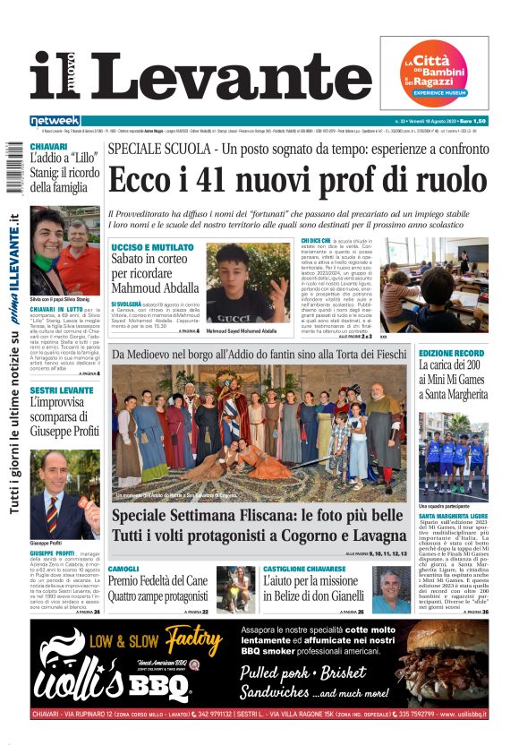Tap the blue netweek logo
pos(55,121)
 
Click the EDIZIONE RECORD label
pos(452,355)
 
